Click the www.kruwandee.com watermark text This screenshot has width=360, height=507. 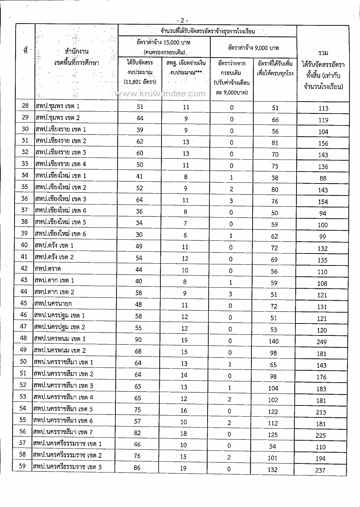pyautogui.click(x=160, y=94)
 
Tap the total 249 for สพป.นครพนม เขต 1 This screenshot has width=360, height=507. pyautogui.click(x=321, y=342)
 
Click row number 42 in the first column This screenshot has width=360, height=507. pyautogui.click(x=24, y=268)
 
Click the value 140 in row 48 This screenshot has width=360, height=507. pyautogui.click(x=273, y=341)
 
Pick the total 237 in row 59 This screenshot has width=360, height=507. pyautogui.click(x=320, y=470)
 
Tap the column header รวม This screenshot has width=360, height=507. pyautogui.click(x=323, y=53)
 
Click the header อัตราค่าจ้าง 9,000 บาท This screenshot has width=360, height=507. pyautogui.click(x=253, y=48)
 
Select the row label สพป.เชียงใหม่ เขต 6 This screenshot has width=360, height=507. pyautogui.click(x=60, y=234)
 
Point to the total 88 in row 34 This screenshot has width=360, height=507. pyautogui.click(x=323, y=178)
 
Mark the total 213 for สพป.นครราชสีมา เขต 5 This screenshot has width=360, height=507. pyautogui.click(x=321, y=412)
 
